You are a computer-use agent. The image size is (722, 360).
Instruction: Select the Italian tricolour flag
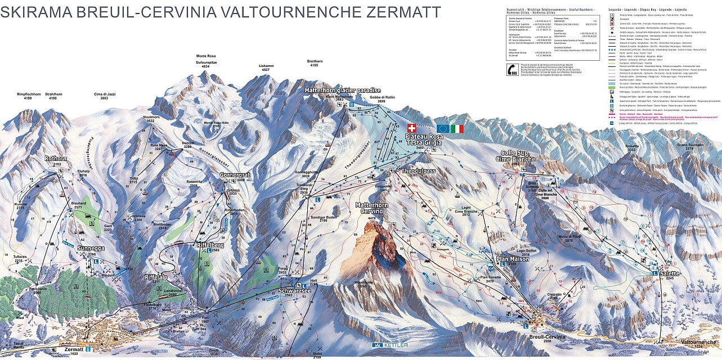[457, 129]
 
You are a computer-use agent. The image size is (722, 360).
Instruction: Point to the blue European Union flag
[442, 129]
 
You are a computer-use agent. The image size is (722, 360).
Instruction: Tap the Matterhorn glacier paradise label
[343, 91]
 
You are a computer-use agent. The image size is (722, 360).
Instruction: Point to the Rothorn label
[56, 159]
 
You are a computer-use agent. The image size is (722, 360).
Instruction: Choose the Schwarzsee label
[292, 290]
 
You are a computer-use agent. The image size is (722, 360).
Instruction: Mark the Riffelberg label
[211, 245]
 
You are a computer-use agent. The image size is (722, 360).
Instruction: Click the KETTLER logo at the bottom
[389, 344]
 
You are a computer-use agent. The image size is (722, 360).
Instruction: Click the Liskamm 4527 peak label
[266, 67]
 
